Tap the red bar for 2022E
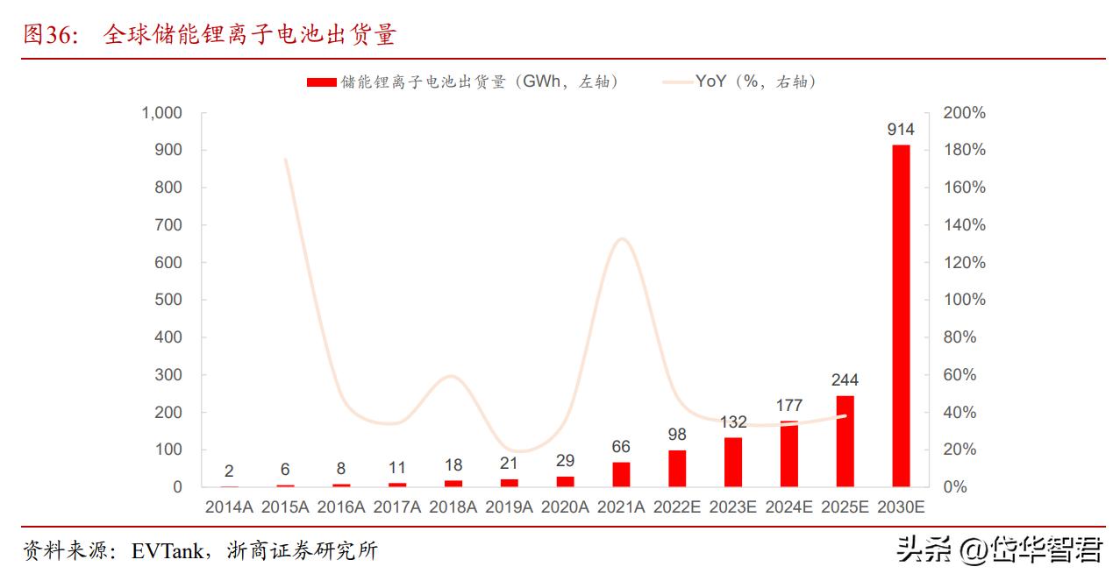677,468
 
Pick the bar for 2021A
621,474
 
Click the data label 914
901,130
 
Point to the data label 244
845,380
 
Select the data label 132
732,422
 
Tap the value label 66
621,447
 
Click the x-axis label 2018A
453,507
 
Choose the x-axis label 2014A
229,507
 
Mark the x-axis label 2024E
789,507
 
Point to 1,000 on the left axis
162,113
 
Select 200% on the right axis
964,113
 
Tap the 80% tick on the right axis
960,337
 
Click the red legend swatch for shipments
321,82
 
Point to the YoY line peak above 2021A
621,238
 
